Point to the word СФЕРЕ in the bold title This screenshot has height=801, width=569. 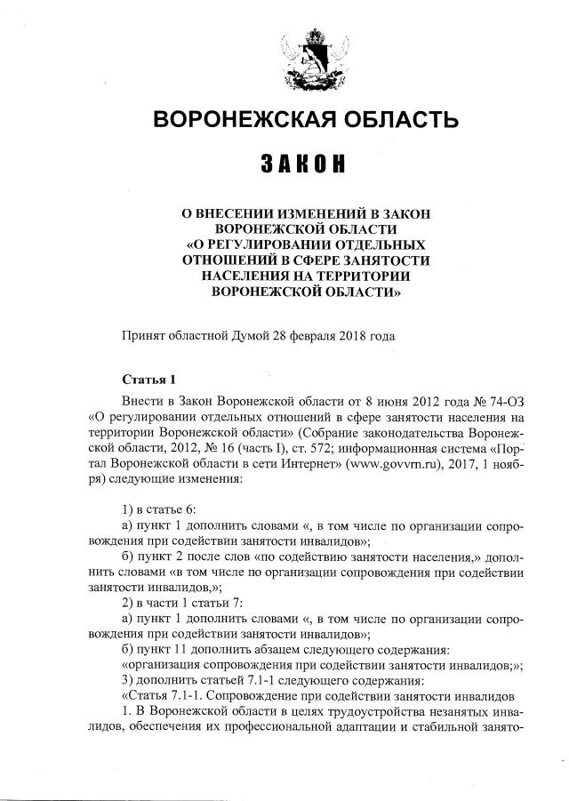click(x=332, y=259)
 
